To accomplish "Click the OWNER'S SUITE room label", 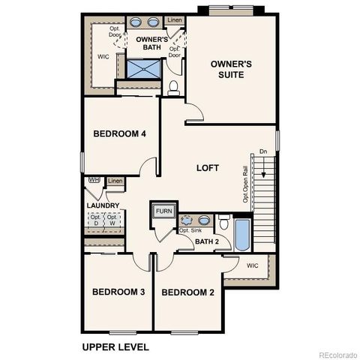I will click(230, 70).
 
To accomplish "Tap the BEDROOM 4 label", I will click(119, 134).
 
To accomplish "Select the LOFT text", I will click(208, 168).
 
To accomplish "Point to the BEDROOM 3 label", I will click(118, 292).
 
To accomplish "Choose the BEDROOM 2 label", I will click(188, 292).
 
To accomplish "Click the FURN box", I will click(163, 211).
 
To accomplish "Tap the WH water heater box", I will click(94, 180).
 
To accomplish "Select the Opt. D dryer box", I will click(96, 220).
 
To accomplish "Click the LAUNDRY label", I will click(103, 205).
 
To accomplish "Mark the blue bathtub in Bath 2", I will click(242, 235).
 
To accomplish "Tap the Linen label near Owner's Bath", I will click(174, 20).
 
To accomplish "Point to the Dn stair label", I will click(262, 151).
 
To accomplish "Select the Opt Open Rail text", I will click(245, 184).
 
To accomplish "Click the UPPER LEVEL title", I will click(115, 346).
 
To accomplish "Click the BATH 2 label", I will click(207, 241).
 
